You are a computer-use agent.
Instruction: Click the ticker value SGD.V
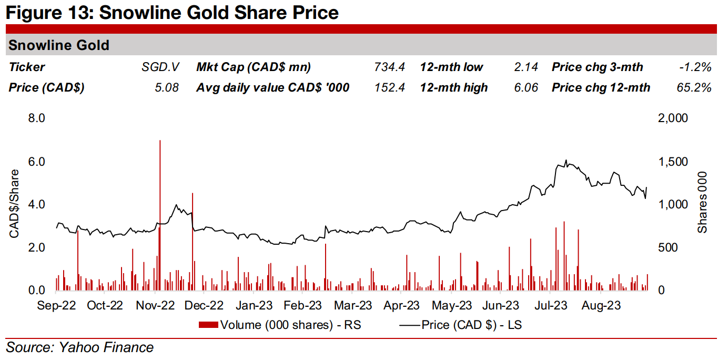coord(160,67)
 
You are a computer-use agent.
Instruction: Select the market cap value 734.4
coord(390,67)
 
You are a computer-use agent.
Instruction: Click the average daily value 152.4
coord(390,87)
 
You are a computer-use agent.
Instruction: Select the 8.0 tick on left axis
coord(37,118)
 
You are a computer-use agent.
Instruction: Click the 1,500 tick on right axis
coord(673,162)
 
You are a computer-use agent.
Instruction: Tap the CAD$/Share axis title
coord(14,204)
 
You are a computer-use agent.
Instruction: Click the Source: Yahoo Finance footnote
coord(80,347)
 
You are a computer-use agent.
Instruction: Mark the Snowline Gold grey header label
coord(59,45)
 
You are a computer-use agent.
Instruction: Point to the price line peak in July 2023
coord(566,160)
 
